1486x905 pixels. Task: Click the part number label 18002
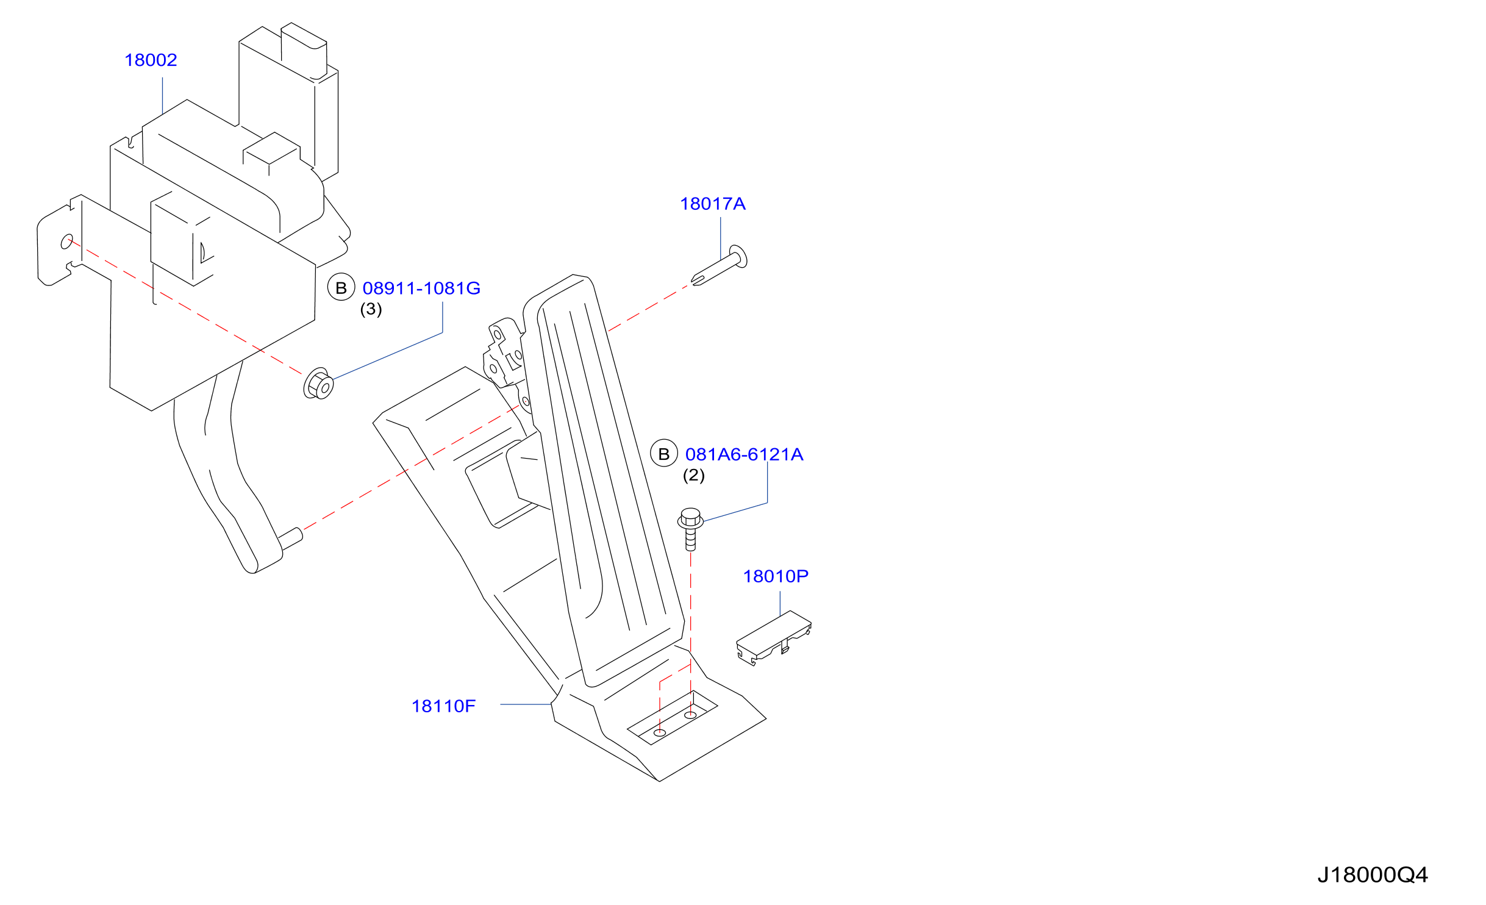tap(151, 60)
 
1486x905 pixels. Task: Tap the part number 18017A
tap(712, 204)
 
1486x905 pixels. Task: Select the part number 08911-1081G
tap(421, 288)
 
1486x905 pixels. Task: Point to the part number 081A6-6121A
tap(744, 454)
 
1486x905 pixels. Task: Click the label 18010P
tap(776, 576)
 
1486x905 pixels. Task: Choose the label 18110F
tap(443, 706)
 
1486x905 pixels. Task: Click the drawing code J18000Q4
tap(1372, 875)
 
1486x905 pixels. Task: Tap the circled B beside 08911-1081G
tap(341, 287)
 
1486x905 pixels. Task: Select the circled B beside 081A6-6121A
tap(664, 454)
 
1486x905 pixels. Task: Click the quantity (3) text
tap(371, 309)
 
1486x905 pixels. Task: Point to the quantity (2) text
tap(693, 475)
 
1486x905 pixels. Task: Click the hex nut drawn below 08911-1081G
tap(318, 384)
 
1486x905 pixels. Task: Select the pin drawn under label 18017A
tap(720, 266)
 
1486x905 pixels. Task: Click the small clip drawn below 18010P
tap(773, 638)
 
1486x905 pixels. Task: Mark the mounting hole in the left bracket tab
tap(66, 241)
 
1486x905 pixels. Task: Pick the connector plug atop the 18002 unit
tap(304, 51)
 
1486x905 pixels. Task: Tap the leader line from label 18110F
tap(526, 704)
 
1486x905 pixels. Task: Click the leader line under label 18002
tap(162, 95)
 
